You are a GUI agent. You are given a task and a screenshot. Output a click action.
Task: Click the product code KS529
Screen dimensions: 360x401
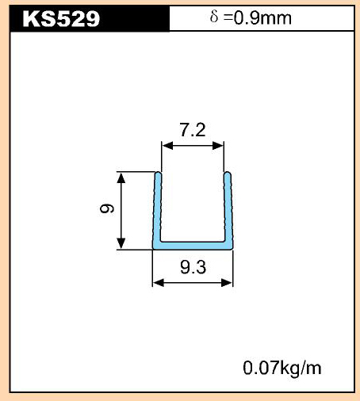pyautogui.click(x=61, y=19)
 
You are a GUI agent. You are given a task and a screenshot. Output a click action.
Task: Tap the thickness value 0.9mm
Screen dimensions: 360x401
pyautogui.click(x=262, y=18)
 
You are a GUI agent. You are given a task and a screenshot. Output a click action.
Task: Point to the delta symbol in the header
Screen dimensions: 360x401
pyautogui.click(x=214, y=17)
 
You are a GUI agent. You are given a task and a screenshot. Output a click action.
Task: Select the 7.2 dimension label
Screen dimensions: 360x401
pyautogui.click(x=193, y=130)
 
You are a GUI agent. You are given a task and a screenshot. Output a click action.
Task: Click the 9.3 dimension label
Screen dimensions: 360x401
pyautogui.click(x=193, y=267)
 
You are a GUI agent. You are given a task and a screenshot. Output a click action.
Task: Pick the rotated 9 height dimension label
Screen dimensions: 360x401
pyautogui.click(x=107, y=208)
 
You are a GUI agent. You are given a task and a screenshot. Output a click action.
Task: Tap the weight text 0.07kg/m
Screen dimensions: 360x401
pyautogui.click(x=282, y=368)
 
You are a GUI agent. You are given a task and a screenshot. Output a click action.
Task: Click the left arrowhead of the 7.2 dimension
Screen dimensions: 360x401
pyautogui.click(x=167, y=145)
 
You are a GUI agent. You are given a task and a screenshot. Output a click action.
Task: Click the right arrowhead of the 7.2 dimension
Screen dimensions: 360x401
pyautogui.click(x=218, y=145)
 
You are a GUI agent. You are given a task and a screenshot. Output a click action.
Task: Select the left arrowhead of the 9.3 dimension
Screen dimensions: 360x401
pyautogui.click(x=159, y=283)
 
